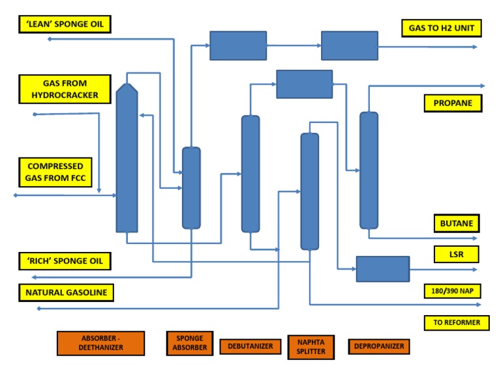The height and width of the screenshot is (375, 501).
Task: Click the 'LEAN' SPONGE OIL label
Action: click(65, 25)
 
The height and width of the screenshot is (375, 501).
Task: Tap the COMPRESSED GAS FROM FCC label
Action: click(55, 172)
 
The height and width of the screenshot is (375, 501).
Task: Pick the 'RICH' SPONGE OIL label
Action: click(65, 261)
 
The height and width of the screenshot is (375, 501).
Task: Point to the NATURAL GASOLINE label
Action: click(67, 292)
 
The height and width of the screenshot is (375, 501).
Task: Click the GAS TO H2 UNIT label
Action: click(441, 27)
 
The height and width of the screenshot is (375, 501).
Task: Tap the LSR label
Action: click(456, 254)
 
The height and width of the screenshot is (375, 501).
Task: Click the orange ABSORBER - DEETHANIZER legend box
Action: click(100, 343)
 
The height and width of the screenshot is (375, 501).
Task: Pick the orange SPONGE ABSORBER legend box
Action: click(189, 343)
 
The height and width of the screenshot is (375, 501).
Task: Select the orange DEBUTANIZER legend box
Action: click(250, 346)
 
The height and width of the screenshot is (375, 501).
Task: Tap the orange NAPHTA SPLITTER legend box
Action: click(311, 346)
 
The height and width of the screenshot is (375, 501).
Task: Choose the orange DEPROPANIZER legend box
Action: click(379, 346)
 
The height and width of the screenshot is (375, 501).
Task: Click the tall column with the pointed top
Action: click(127, 160)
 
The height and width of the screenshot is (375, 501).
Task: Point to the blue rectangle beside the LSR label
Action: click(382, 269)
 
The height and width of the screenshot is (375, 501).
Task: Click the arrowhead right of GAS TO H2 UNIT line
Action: click(475, 47)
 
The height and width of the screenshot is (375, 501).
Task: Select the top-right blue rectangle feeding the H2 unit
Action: click(349, 46)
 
